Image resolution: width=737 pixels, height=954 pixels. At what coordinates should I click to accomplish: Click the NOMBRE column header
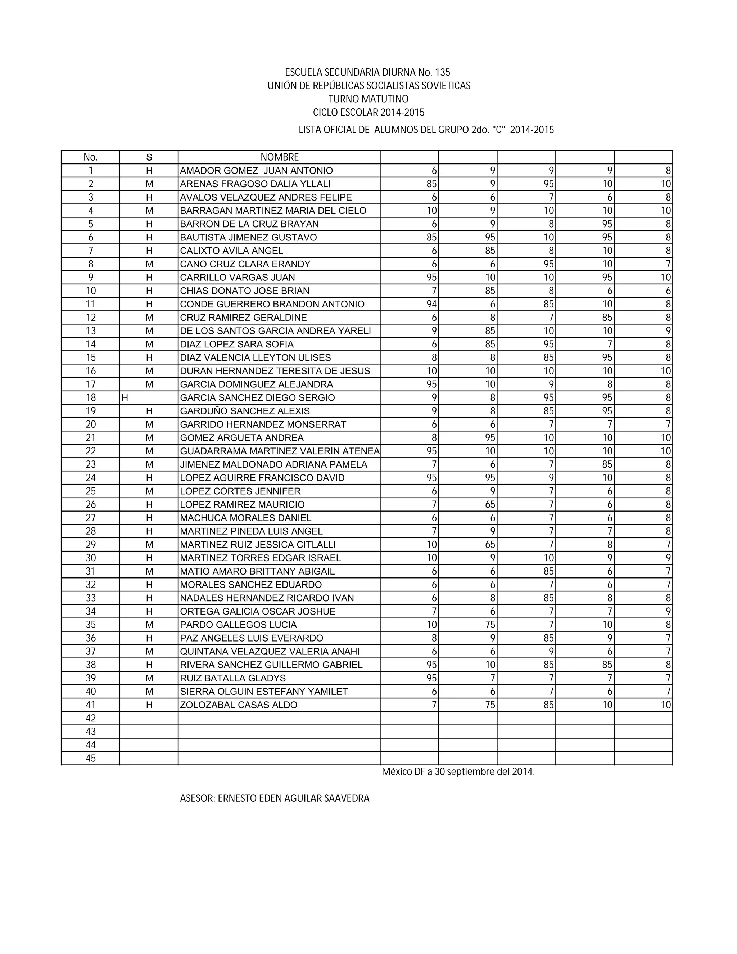[279, 157]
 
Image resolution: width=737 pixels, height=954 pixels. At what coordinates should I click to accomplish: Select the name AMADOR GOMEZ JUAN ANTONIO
[256, 171]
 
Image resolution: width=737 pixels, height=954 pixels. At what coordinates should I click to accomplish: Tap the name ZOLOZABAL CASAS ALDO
[238, 705]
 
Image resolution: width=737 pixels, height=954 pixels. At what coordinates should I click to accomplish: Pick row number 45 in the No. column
[91, 758]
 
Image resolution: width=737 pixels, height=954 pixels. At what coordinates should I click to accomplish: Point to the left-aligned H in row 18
[125, 398]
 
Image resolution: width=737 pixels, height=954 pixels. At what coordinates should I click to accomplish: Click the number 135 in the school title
[442, 72]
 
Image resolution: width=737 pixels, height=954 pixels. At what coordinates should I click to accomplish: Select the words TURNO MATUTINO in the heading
[368, 99]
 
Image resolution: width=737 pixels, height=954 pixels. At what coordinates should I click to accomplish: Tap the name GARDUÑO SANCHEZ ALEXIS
[245, 411]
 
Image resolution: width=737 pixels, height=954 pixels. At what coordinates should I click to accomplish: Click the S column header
[149, 157]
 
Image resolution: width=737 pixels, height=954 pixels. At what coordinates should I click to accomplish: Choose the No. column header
[90, 157]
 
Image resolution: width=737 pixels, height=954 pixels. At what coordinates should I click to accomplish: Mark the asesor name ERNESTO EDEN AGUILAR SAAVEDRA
[293, 798]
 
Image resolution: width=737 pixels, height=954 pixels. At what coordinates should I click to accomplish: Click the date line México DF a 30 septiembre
[458, 772]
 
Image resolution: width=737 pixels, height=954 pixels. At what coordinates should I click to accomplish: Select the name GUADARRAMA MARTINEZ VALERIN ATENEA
[279, 451]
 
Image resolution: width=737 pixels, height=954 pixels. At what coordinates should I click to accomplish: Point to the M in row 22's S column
[149, 451]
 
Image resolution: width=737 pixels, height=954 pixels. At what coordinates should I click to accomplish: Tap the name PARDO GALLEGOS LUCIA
[238, 625]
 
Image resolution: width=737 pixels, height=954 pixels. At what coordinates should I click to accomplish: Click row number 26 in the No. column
[91, 504]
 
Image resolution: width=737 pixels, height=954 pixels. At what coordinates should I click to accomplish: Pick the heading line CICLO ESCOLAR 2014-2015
[368, 113]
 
